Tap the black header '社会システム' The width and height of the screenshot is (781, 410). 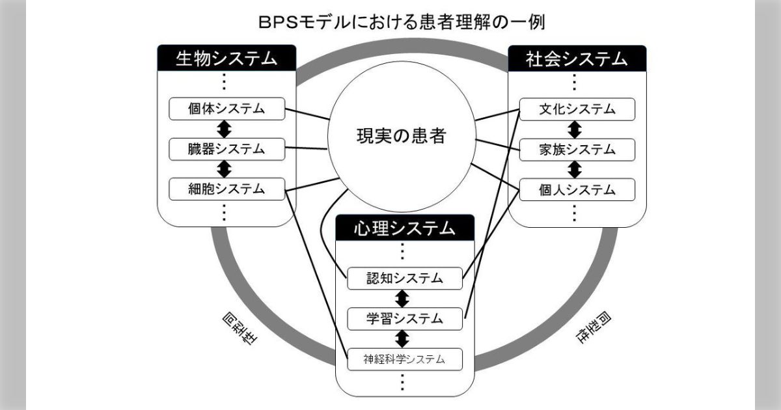[577, 59]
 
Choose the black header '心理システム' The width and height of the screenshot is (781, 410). [405, 228]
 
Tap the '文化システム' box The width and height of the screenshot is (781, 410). [577, 109]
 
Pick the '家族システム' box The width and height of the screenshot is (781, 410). [577, 149]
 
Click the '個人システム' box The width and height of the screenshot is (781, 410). [577, 189]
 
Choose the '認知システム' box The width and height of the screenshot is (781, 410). [405, 279]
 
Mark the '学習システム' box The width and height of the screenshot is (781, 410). [405, 318]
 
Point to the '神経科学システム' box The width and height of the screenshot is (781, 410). [405, 359]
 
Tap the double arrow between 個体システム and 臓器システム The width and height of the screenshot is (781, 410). [225, 129]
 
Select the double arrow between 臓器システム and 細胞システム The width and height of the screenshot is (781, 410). [225, 169]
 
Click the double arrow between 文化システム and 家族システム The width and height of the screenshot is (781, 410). [575, 129]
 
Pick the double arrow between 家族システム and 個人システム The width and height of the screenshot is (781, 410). [575, 169]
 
